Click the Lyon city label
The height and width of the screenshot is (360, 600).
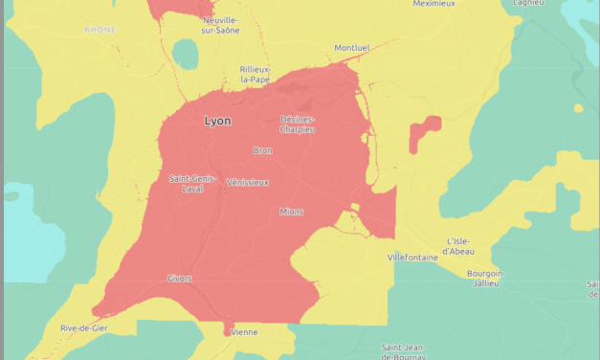click(x=217, y=122)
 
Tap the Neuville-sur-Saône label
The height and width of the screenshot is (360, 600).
click(x=220, y=25)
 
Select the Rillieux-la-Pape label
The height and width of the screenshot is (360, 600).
click(x=256, y=74)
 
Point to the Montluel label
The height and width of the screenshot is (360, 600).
click(x=351, y=48)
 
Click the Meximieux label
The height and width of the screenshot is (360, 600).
click(x=433, y=4)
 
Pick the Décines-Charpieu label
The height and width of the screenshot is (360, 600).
click(x=297, y=124)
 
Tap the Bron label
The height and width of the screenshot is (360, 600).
click(x=262, y=150)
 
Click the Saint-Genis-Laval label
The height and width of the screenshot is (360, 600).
click(x=191, y=183)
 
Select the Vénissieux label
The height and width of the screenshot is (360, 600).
click(x=248, y=182)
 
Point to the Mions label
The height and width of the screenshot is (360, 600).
click(x=291, y=211)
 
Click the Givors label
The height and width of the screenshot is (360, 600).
click(x=180, y=279)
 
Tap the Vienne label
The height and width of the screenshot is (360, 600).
click(x=245, y=332)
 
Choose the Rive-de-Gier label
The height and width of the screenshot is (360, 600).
click(x=82, y=328)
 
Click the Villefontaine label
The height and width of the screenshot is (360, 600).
click(x=412, y=258)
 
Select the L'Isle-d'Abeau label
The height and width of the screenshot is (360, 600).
click(x=467, y=245)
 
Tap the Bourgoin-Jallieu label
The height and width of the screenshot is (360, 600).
click(x=484, y=278)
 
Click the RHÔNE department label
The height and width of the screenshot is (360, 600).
click(x=100, y=30)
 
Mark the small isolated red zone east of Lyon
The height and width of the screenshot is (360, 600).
click(x=424, y=134)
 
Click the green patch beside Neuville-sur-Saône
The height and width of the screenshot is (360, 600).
click(x=185, y=55)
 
